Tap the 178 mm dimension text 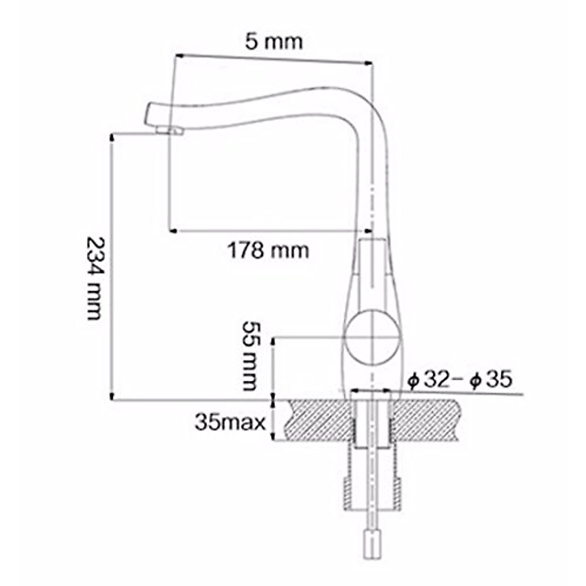point(268,251)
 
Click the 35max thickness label point(230,422)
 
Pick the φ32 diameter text point(430,379)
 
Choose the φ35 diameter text point(491,379)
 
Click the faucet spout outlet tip point(168,130)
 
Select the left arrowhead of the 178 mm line point(173,230)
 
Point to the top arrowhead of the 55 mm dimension point(273,341)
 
